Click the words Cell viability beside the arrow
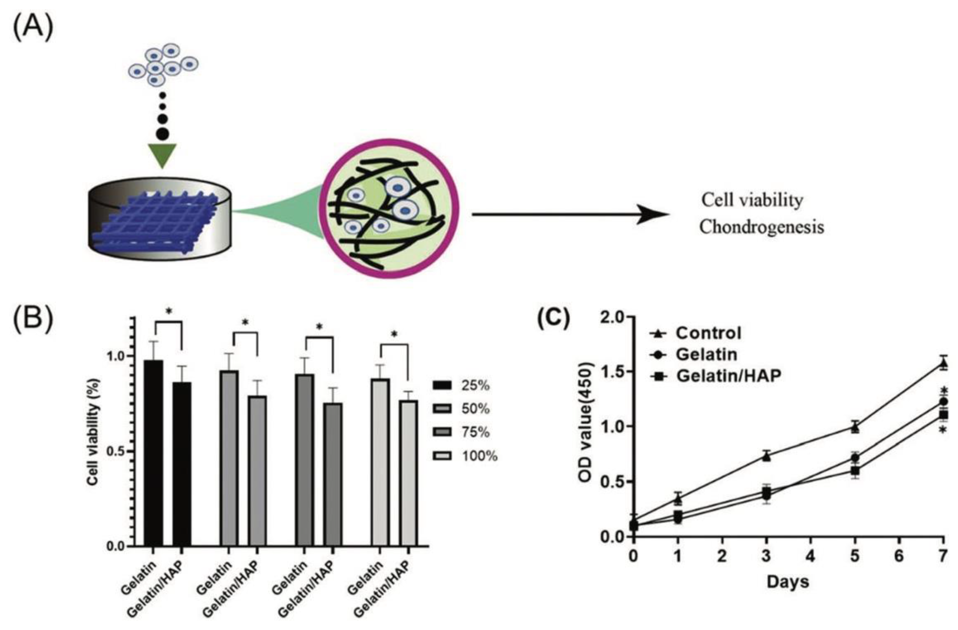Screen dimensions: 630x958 pyautogui.click(x=752, y=200)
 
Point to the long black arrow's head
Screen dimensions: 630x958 pyautogui.click(x=656, y=214)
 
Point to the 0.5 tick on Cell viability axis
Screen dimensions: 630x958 pyautogui.click(x=130, y=451)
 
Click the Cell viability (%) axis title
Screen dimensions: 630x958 pyautogui.click(x=93, y=432)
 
